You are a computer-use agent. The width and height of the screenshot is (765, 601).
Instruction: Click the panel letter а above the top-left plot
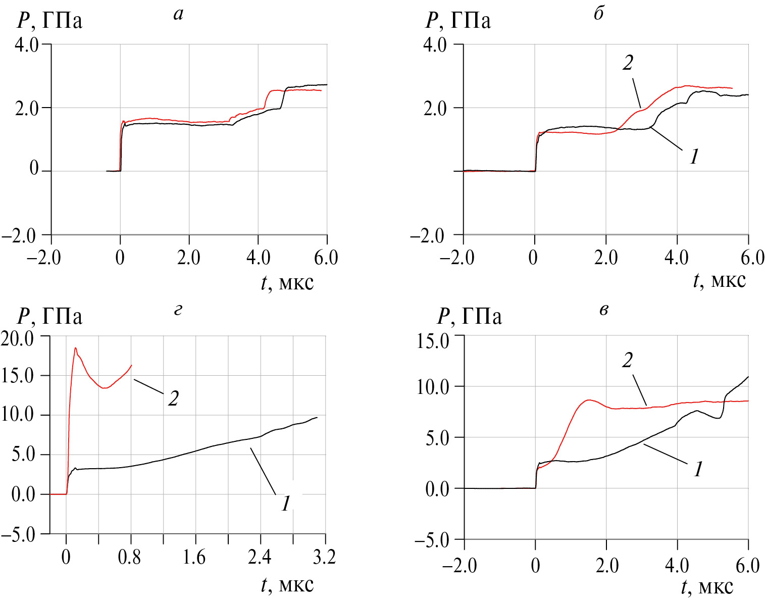178,14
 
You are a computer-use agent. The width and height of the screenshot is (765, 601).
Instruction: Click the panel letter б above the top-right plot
599,14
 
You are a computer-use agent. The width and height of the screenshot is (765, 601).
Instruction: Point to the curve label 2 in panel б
628,63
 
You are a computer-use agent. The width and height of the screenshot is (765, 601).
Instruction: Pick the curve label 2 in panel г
173,399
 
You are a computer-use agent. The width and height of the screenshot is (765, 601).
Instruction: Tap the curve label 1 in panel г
286,503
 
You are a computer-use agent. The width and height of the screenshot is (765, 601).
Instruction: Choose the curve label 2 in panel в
628,360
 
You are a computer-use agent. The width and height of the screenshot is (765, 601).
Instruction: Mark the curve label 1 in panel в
698,470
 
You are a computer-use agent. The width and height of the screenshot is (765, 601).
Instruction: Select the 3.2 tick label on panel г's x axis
324,558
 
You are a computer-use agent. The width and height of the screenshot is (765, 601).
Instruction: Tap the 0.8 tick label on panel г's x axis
129,558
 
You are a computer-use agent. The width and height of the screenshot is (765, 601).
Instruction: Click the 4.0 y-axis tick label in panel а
26,45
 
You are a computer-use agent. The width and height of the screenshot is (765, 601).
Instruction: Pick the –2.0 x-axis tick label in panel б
457,258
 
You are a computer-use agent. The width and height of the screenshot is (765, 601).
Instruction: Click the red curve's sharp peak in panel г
75,348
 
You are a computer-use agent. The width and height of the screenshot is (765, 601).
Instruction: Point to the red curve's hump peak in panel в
588,400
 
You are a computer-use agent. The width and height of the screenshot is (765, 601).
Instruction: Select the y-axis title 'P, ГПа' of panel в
470,317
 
